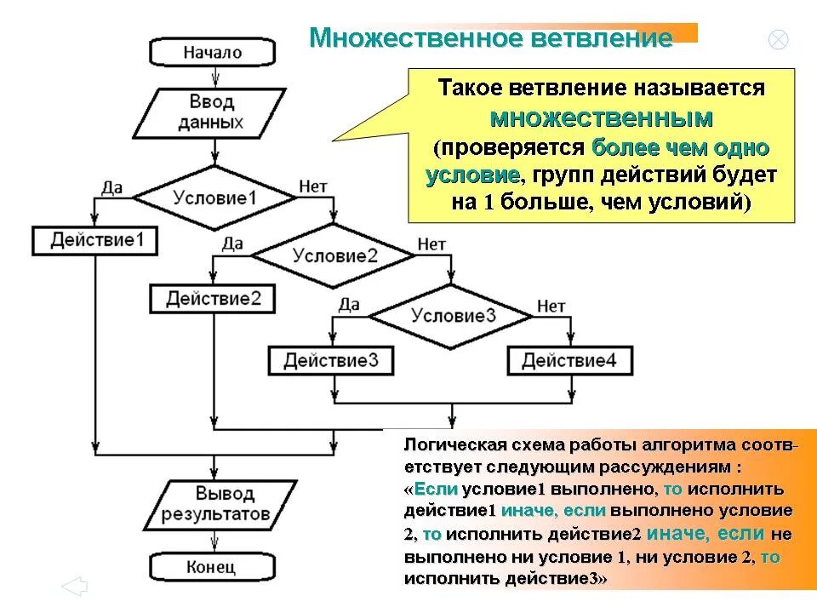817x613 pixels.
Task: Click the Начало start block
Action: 213,52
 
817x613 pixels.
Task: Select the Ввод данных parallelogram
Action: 213,112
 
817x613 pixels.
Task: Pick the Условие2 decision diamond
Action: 334,255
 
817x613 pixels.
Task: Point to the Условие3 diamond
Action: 454,315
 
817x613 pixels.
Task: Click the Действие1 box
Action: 95,240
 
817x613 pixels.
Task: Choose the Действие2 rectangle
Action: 213,299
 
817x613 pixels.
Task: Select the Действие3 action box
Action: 331,360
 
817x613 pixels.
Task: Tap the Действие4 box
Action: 570,360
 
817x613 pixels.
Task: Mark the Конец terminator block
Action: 213,565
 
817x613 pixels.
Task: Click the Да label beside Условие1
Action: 111,186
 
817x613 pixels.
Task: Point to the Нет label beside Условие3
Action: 551,305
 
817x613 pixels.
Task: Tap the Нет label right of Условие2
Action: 431,244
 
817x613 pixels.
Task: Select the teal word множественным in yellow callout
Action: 603,117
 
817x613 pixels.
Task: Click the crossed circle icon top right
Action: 778,39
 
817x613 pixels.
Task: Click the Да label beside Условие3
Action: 349,305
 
